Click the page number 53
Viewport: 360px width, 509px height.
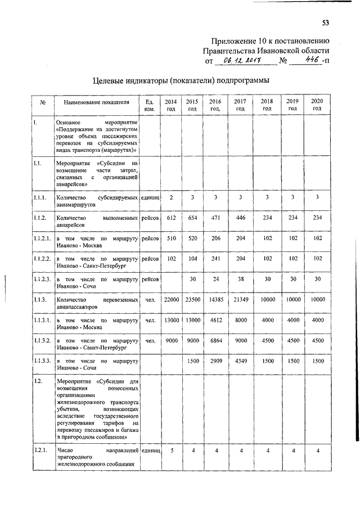(x=325, y=23)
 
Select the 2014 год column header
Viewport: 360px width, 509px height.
(x=171, y=105)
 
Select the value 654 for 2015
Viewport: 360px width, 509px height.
(x=192, y=217)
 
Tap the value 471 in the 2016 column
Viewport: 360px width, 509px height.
(x=215, y=217)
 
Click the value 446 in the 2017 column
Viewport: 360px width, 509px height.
(x=240, y=217)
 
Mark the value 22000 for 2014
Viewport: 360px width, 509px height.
(x=171, y=300)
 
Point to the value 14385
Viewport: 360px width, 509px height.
(x=215, y=300)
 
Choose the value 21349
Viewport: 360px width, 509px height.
(x=240, y=300)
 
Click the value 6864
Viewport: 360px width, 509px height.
(x=215, y=340)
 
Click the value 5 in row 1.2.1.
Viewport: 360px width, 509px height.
(x=172, y=451)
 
